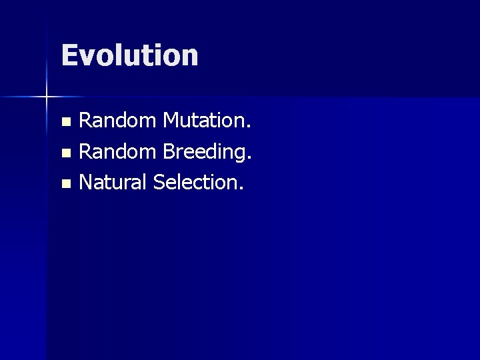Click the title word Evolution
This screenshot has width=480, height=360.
click(x=129, y=55)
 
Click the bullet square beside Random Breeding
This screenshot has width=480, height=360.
click(x=65, y=153)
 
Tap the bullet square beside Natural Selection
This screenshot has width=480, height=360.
click(x=65, y=183)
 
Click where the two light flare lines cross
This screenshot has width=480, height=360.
click(x=47, y=97)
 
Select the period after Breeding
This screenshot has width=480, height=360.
click(x=251, y=158)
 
